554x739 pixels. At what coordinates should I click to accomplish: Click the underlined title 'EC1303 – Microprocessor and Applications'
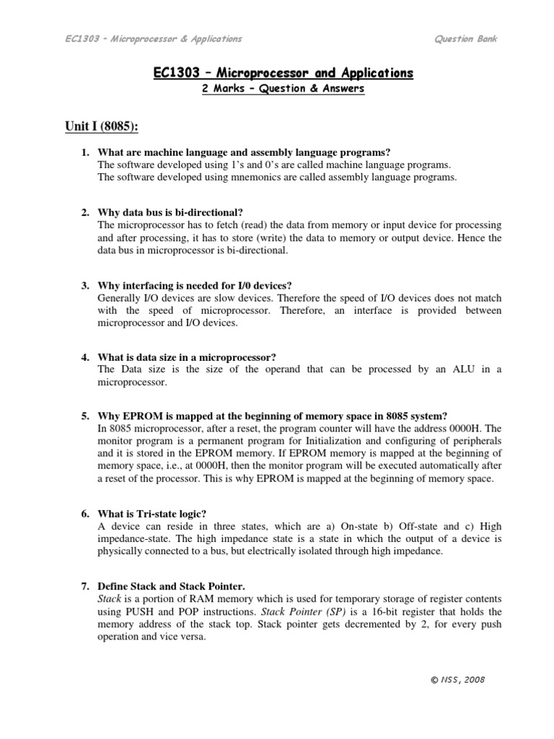(283, 73)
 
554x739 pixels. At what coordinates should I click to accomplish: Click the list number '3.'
(85, 285)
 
